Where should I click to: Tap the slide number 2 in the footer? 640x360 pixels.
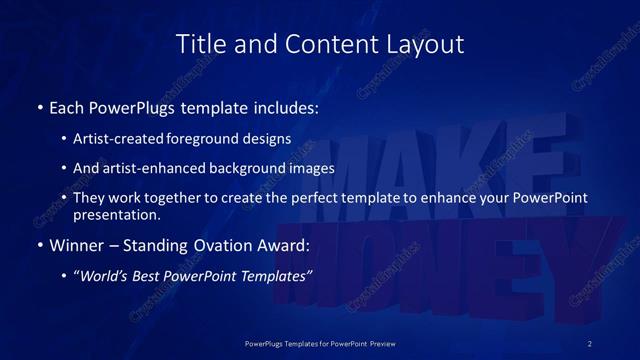pyautogui.click(x=589, y=343)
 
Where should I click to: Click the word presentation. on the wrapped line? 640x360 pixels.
pyautogui.click(x=116, y=214)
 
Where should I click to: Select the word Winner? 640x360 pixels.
pyautogui.click(x=76, y=245)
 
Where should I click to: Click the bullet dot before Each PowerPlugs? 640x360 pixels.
pyautogui.click(x=39, y=106)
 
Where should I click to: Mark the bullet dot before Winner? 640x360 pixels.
pyautogui.click(x=39, y=245)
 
